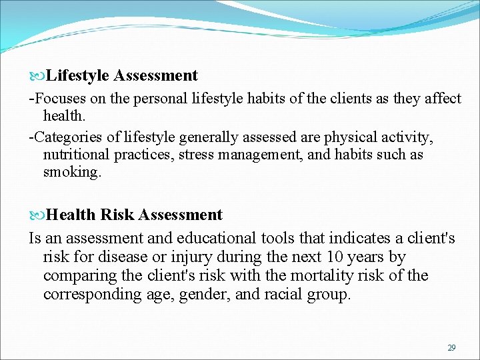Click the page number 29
point(451,348)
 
